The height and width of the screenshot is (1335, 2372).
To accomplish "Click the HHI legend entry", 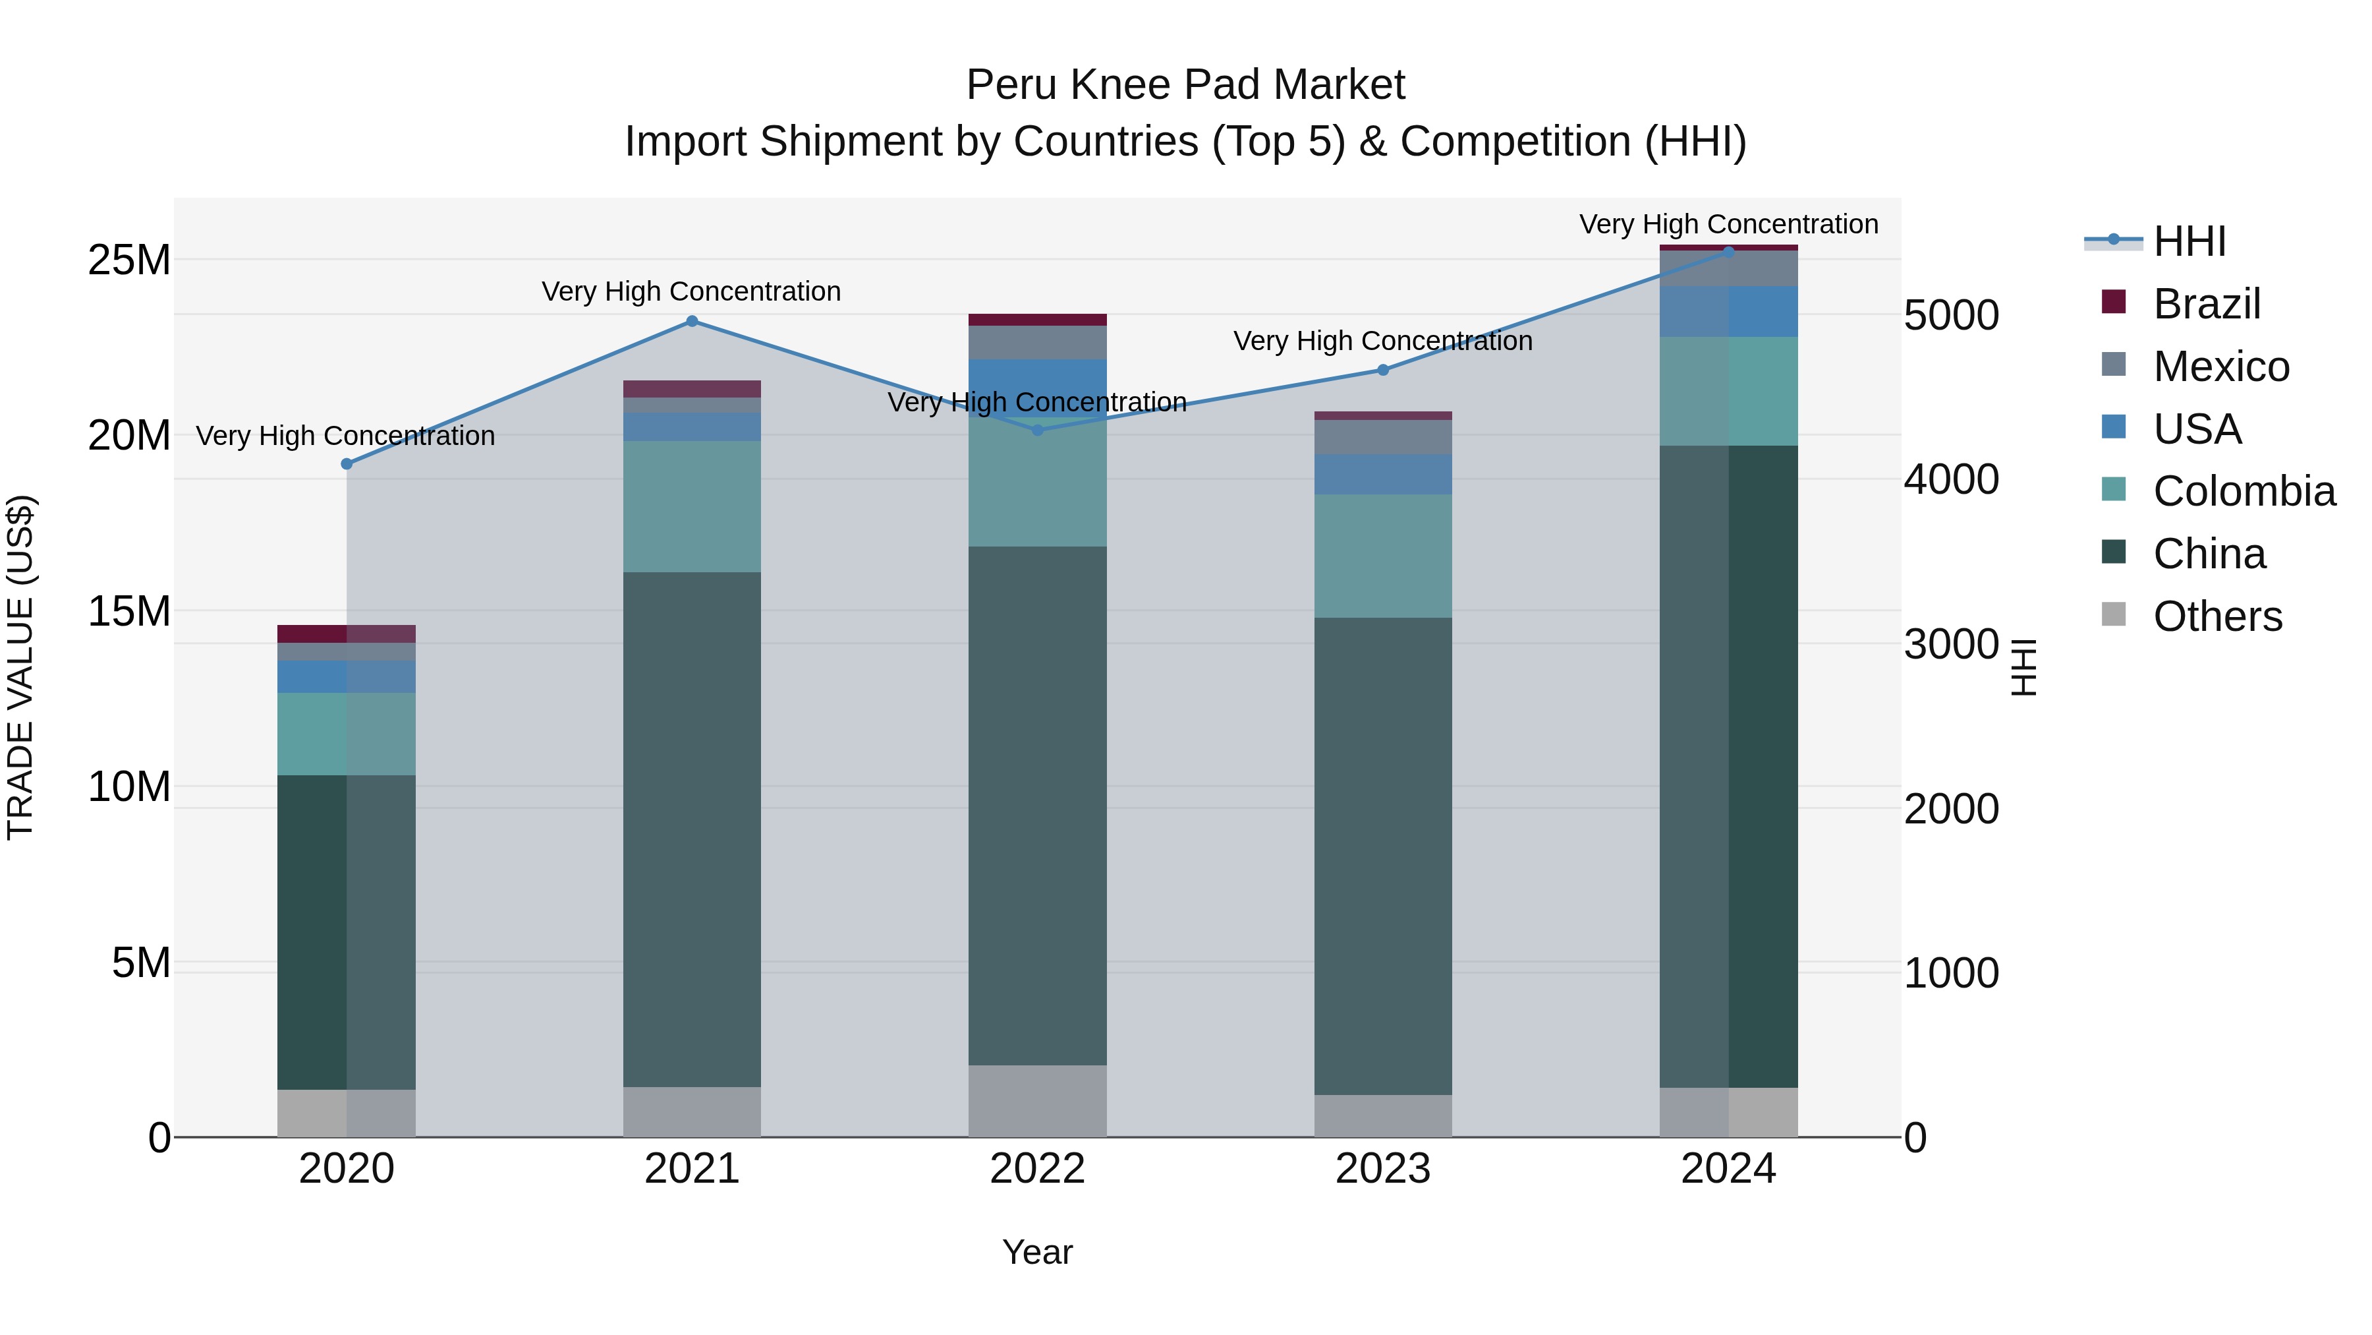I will click(x=2188, y=241).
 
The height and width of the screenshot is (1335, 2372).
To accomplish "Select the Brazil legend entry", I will click(x=2206, y=304).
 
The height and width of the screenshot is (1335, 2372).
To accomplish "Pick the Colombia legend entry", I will click(x=2243, y=491).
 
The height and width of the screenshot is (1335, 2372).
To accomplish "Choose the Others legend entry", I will click(x=2217, y=616).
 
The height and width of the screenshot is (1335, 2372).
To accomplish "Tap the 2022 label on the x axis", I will click(x=1037, y=1169).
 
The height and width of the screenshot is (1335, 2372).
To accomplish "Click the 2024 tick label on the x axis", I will click(x=1728, y=1169).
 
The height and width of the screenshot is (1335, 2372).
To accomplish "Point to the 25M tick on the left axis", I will click(x=129, y=260).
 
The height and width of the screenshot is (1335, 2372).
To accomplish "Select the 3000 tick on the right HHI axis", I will click(x=1951, y=644).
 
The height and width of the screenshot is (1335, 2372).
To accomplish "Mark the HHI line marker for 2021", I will click(x=692, y=322).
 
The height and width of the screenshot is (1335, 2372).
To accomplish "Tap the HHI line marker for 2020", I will click(x=347, y=464).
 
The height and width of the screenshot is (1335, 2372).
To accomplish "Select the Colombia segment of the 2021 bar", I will click(x=692, y=507).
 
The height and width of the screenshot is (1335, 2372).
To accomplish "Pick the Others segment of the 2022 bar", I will click(x=1037, y=1101).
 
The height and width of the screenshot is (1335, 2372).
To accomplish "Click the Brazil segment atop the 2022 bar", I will click(x=1037, y=320).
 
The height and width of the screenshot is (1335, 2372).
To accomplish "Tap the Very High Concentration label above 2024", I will click(x=1728, y=224).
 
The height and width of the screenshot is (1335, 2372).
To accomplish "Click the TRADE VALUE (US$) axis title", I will click(x=20, y=667).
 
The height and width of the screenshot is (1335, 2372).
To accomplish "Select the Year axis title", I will click(x=1037, y=1252).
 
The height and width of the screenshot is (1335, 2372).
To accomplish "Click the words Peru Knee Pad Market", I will click(x=1185, y=85).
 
